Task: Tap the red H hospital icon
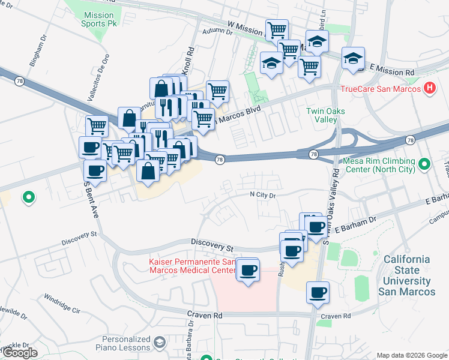point(429,88)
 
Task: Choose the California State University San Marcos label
point(408,275)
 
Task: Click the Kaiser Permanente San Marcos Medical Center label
point(192,266)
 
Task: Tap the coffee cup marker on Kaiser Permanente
point(247,271)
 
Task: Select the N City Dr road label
point(262,195)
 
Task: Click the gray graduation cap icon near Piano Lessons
point(159,343)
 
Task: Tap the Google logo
point(20,353)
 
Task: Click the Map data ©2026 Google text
point(411,355)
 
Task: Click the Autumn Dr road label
point(217,32)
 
